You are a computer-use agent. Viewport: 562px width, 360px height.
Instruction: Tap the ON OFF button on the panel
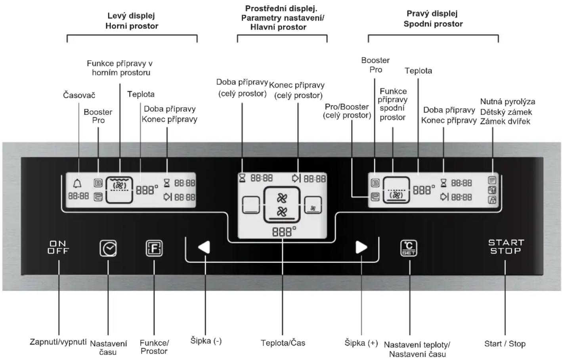(58, 247)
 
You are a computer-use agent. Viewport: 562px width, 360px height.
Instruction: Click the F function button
(154, 248)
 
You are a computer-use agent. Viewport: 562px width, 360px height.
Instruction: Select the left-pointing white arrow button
(204, 248)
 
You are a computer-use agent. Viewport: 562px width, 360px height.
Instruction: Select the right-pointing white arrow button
(361, 248)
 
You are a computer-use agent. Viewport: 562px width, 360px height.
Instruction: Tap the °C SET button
(409, 248)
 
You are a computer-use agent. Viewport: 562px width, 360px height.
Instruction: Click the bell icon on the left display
(77, 183)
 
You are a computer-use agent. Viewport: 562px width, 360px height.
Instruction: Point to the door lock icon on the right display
(492, 200)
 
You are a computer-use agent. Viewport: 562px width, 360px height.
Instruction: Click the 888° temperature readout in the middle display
(284, 232)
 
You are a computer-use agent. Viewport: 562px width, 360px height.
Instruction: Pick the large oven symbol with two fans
(282, 205)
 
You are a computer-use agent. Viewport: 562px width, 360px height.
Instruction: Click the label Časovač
(79, 95)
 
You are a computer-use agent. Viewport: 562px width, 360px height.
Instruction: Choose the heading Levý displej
(131, 15)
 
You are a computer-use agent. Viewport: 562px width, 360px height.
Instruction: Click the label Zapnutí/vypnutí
(58, 342)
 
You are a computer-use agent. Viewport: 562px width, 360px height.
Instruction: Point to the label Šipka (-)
(206, 341)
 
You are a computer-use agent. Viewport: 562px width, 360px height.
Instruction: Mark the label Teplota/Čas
(283, 343)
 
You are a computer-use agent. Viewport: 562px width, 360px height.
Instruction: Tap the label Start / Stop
(505, 343)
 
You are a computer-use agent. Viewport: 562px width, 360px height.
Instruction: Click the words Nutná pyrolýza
(508, 102)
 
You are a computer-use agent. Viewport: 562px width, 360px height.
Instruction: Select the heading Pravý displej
(432, 13)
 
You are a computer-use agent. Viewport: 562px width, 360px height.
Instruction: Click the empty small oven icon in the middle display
(250, 205)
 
